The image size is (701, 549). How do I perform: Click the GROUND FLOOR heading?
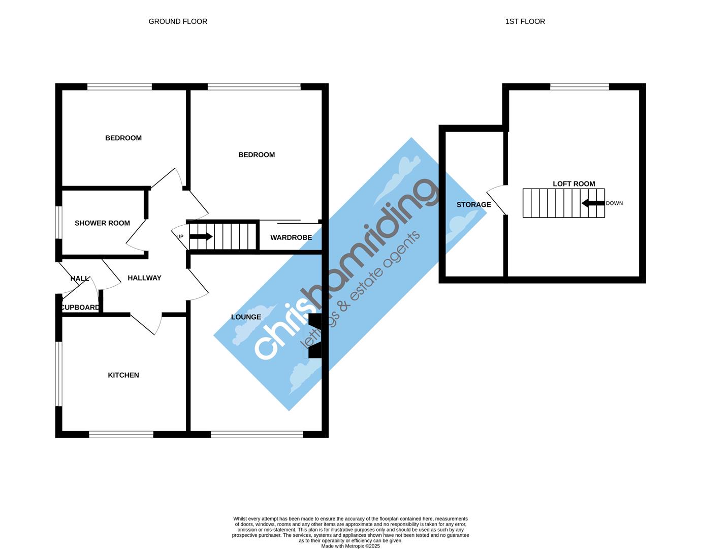click(178, 21)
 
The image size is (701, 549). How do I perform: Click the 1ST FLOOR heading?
click(525, 21)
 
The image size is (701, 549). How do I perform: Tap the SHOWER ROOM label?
click(102, 223)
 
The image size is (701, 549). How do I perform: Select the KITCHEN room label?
click(123, 375)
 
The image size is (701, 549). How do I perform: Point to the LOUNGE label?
click(246, 317)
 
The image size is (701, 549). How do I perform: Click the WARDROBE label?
click(291, 237)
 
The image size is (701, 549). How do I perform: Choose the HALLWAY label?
click(144, 278)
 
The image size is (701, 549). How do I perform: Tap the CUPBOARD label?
click(80, 308)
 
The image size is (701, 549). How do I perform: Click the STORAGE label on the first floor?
click(473, 205)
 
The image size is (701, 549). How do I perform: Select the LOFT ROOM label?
click(573, 184)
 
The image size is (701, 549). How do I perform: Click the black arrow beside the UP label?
click(201, 236)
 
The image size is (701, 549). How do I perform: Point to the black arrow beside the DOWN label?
click(593, 203)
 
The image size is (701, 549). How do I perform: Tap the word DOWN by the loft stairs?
click(614, 203)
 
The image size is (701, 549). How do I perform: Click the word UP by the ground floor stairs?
click(180, 236)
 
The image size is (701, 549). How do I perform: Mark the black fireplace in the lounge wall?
click(315, 336)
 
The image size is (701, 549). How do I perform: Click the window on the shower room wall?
click(59, 222)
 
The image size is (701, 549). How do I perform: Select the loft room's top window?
click(579, 87)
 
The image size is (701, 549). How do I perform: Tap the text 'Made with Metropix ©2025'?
click(350, 546)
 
